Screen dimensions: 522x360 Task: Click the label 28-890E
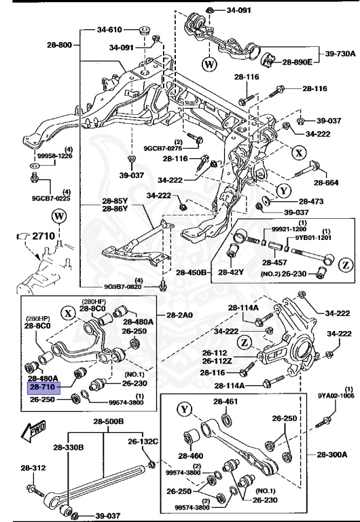[x=297, y=62]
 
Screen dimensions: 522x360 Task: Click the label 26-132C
[x=142, y=441]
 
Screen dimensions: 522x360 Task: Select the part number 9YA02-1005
[x=336, y=394]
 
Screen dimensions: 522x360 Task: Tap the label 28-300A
[x=331, y=454]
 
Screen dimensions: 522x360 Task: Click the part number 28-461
[x=226, y=402]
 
